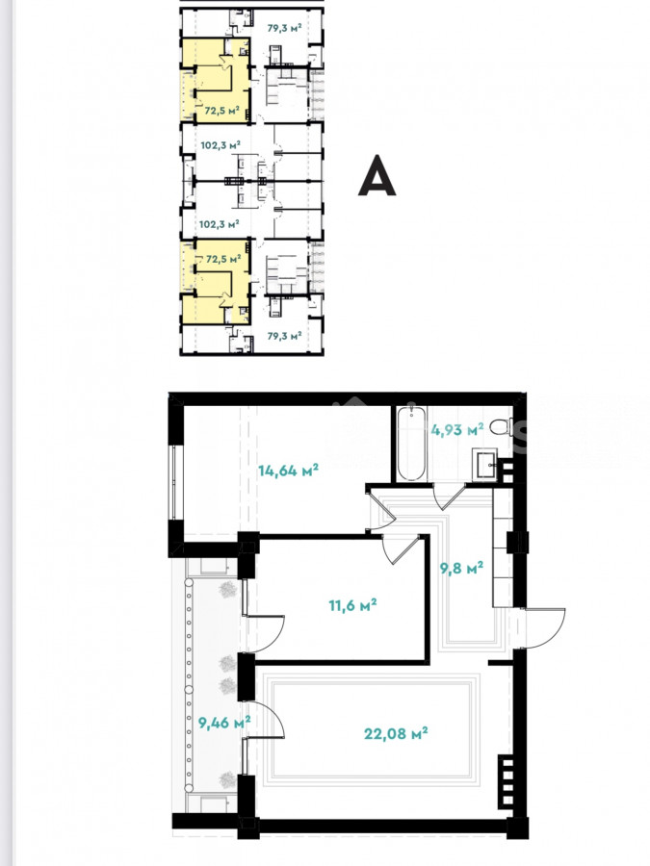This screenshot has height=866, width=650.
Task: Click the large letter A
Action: pos(377,175)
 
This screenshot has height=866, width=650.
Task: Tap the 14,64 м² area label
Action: pos(288,471)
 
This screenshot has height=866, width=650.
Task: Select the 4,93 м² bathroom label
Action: pos(457,429)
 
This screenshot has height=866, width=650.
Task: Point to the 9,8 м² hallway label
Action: pos(461,568)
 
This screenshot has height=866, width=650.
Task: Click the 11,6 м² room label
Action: pos(352,605)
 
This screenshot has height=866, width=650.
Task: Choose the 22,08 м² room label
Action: pos(396,733)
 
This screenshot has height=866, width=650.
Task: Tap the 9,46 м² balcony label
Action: pos(224,722)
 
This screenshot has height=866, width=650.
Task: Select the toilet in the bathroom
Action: pos(500,426)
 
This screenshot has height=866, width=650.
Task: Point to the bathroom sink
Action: pos(484,465)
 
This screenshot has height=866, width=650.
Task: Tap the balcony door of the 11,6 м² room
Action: pos(263,633)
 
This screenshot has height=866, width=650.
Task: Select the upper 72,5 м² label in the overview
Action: pos(221,111)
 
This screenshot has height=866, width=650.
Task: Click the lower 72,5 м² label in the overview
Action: pos(223,259)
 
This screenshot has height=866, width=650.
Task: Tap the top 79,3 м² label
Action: pos(284,28)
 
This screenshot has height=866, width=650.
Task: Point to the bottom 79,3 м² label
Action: pos(284,335)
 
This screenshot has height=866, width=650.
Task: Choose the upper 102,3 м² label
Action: pos(220,145)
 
